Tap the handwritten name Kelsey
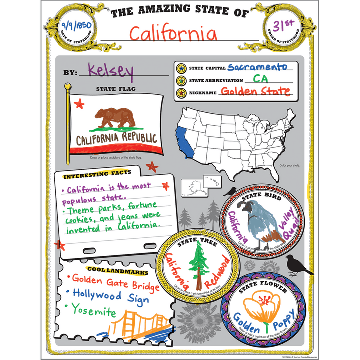(111, 71)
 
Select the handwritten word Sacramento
(257, 67)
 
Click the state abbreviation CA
(260, 79)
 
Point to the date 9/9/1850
(72, 25)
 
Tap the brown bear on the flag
(115, 117)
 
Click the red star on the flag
(79, 104)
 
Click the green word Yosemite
(93, 311)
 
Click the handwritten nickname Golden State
(255, 91)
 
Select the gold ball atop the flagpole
(68, 87)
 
